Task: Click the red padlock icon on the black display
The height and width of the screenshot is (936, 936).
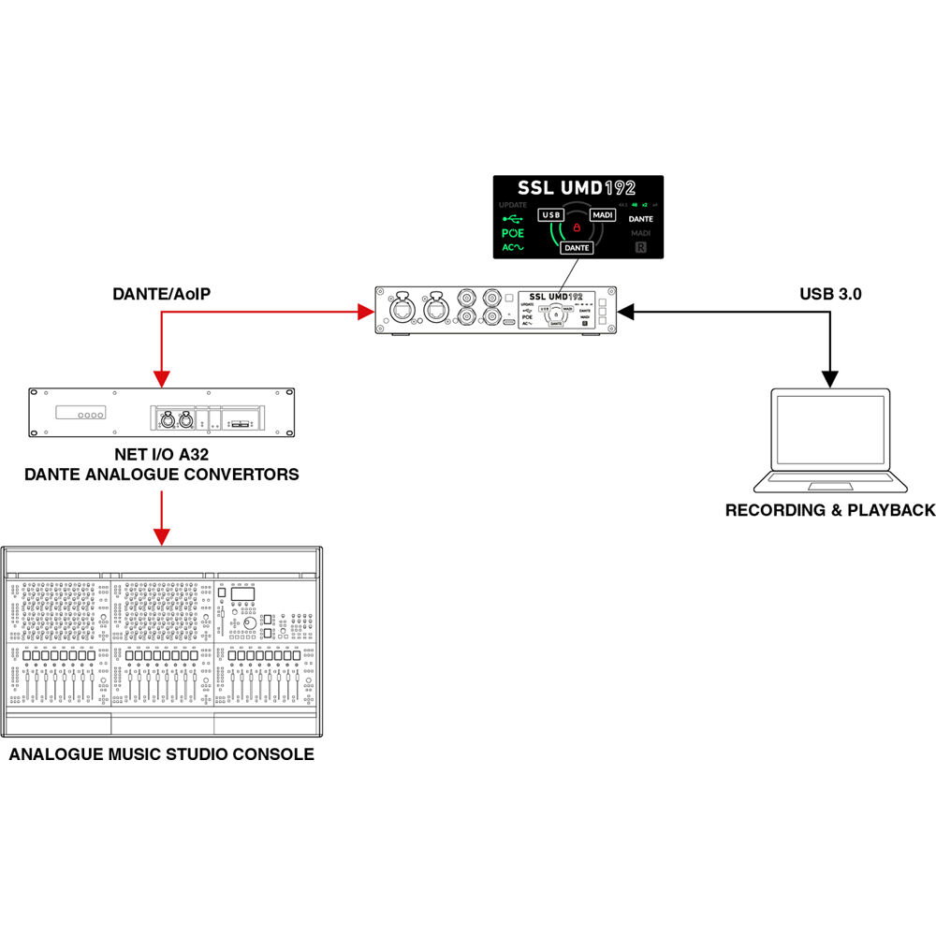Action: [578, 227]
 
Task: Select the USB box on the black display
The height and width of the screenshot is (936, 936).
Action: [551, 214]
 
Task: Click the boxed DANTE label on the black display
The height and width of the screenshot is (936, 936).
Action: [577, 248]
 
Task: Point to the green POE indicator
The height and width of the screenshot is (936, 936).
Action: [513, 233]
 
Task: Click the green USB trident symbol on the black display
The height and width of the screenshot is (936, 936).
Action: [513, 218]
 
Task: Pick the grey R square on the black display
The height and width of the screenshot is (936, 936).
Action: [641, 248]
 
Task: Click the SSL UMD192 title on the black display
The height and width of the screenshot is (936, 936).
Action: [578, 188]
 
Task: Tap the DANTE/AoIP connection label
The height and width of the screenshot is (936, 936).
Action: [161, 294]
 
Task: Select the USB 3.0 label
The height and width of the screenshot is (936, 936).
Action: [830, 294]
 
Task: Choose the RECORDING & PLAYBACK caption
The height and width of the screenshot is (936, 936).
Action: [830, 510]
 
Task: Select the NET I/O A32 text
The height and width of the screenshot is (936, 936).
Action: [161, 456]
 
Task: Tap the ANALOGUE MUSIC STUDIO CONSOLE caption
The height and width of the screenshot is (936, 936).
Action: [162, 754]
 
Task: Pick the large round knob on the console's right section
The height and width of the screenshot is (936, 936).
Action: [250, 623]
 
